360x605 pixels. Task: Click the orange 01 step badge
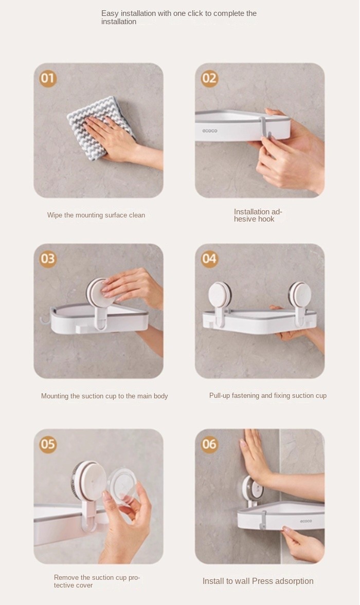click(x=48, y=78)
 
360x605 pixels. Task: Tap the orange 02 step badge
click(x=209, y=78)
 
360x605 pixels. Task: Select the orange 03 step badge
click(x=48, y=259)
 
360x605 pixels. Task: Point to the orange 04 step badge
click(x=209, y=259)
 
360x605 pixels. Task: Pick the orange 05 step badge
click(x=48, y=444)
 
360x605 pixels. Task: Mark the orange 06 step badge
click(x=209, y=444)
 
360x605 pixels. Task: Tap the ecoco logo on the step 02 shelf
click(x=209, y=131)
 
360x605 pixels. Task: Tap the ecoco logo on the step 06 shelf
click(x=306, y=521)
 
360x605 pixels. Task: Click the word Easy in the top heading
click(x=110, y=14)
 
